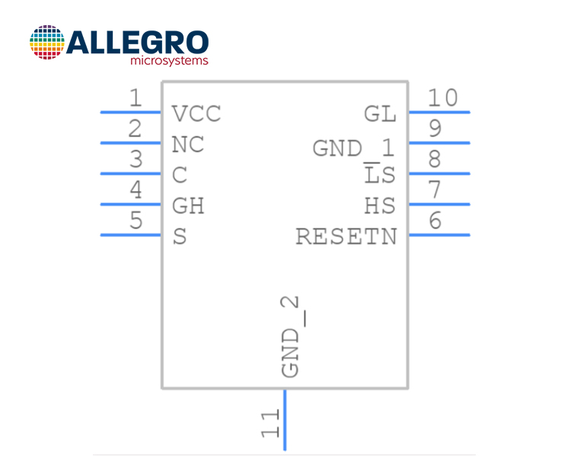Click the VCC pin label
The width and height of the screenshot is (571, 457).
[x=196, y=113]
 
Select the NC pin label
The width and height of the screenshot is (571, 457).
[x=187, y=144]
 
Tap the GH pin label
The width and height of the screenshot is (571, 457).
[x=188, y=206]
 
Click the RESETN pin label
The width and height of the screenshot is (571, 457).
[x=346, y=237]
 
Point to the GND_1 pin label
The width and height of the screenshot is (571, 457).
[x=353, y=148]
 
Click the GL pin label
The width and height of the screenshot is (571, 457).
[x=380, y=113]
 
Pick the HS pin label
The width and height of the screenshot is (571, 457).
[x=380, y=206]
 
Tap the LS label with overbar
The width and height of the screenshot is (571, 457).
[x=379, y=173]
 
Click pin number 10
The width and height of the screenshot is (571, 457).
[x=442, y=97]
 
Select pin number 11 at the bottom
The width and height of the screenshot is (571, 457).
[x=270, y=423]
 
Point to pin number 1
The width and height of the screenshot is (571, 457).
[x=136, y=97]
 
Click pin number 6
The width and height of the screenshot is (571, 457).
[x=435, y=220]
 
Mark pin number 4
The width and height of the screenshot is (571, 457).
[x=136, y=190]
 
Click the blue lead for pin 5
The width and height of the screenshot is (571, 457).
[x=131, y=235]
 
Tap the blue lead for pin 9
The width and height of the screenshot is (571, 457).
[x=439, y=143]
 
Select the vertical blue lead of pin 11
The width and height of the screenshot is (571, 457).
[x=285, y=420]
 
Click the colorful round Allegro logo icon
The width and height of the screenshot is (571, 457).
[x=47, y=43]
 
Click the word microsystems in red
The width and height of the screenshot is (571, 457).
[x=169, y=60]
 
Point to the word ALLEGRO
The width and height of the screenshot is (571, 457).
[x=138, y=43]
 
